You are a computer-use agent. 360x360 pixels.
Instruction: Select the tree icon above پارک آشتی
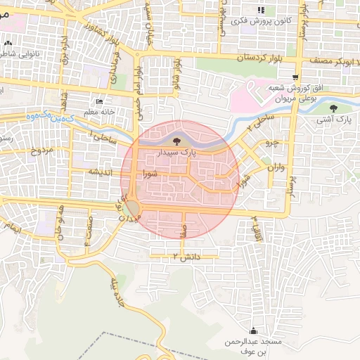tap(333, 109)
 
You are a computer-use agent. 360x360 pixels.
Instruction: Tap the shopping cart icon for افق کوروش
tap(296, 78)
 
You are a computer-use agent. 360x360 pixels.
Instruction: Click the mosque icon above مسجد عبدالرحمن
tap(253, 330)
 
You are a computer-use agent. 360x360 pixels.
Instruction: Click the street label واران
tap(276, 168)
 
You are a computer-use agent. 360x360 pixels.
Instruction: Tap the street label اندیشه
tap(101, 171)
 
